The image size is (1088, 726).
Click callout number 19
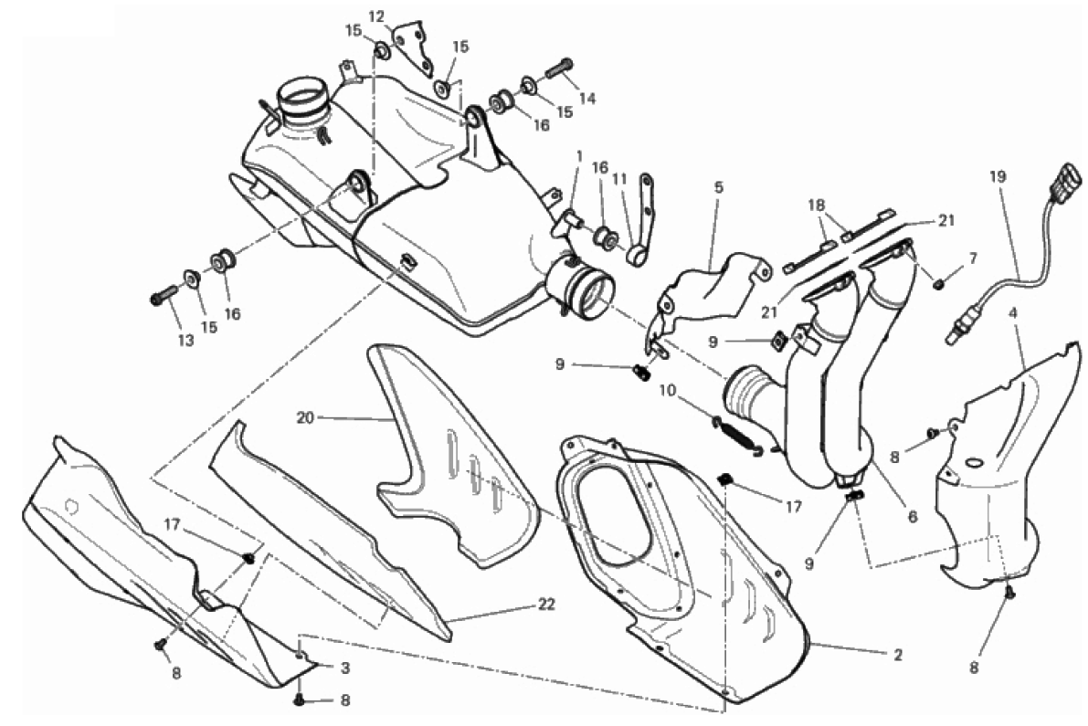point(997,177)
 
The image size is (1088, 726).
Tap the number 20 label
point(305,417)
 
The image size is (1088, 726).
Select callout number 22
point(547,604)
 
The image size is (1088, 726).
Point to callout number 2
point(898,654)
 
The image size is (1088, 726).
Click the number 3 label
point(345,668)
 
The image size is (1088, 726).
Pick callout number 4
point(1013,312)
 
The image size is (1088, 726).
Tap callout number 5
point(718,187)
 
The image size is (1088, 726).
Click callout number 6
point(913,517)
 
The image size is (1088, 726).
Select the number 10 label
point(667,391)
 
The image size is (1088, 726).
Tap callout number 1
point(579,156)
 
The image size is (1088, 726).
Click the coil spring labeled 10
point(737,434)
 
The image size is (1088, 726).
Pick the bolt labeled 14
point(559,68)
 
